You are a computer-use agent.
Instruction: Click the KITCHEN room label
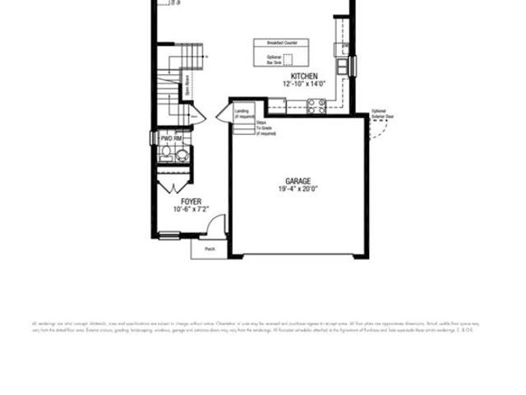(298, 77)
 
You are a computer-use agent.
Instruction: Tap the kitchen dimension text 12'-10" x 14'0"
(298, 84)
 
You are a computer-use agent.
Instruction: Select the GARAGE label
(298, 181)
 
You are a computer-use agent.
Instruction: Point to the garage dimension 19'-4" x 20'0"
(298, 189)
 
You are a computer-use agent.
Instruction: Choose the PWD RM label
(171, 139)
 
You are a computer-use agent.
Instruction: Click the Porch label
(210, 249)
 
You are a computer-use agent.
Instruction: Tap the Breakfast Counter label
(282, 42)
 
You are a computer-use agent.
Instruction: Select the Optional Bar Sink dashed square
(288, 59)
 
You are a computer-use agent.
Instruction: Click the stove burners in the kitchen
(316, 105)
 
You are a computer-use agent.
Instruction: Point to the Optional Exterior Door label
(383, 114)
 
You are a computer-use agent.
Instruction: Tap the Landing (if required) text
(243, 114)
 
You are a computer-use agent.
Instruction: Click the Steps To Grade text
(265, 128)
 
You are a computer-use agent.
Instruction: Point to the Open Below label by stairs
(187, 86)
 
